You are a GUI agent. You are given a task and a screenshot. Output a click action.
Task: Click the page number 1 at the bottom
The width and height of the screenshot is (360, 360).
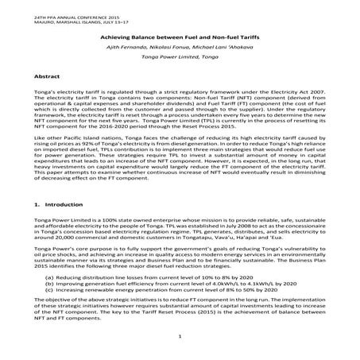coord(180,337)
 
